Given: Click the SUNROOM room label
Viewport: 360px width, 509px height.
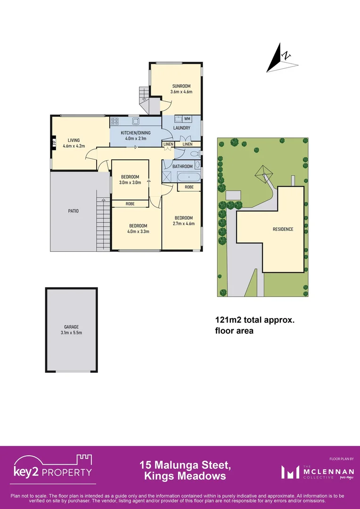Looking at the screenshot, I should [181, 86].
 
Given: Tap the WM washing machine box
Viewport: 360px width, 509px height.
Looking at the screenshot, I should [187, 119].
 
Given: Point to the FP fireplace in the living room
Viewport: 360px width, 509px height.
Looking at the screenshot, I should [54, 142].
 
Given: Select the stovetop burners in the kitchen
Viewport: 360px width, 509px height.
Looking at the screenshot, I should [115, 121].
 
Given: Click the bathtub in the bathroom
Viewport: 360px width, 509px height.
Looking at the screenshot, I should [188, 178].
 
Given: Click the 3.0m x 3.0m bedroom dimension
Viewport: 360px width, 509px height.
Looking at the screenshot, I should [130, 182].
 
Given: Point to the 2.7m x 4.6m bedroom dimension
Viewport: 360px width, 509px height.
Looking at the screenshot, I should [184, 223].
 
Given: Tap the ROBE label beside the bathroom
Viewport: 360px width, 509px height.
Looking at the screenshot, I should [189, 187].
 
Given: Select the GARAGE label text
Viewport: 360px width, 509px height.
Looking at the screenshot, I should [71, 327].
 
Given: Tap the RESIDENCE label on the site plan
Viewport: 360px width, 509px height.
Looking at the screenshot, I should [283, 230].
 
